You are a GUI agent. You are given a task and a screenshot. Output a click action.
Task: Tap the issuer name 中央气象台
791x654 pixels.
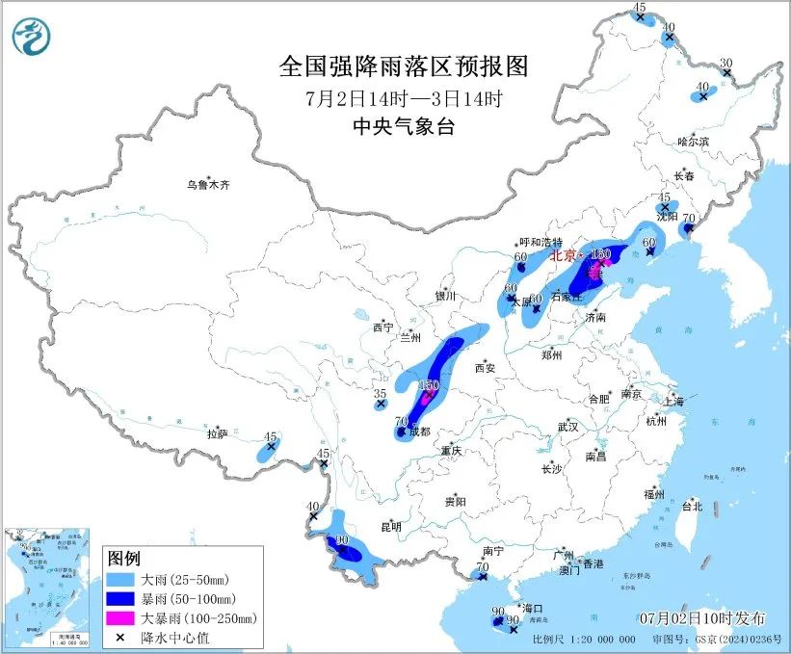(404, 127)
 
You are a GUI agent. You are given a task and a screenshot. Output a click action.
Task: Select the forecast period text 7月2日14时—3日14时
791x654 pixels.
(404, 97)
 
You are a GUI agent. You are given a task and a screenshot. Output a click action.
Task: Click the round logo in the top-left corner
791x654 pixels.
(32, 38)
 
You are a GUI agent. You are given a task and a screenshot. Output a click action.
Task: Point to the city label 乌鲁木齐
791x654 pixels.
(209, 185)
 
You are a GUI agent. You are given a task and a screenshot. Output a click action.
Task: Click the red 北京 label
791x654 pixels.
(564, 257)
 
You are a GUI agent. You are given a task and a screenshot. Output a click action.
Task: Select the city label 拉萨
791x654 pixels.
(217, 434)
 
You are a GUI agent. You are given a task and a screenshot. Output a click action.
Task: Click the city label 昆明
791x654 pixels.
(390, 526)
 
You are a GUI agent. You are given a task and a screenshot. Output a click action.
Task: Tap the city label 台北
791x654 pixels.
(692, 506)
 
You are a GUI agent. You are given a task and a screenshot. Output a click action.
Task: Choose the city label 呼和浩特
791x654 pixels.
(540, 243)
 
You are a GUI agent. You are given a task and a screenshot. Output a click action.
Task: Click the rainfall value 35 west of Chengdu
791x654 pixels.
(380, 394)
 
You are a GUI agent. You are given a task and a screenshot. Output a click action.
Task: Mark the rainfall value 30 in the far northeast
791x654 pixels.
(726, 64)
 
